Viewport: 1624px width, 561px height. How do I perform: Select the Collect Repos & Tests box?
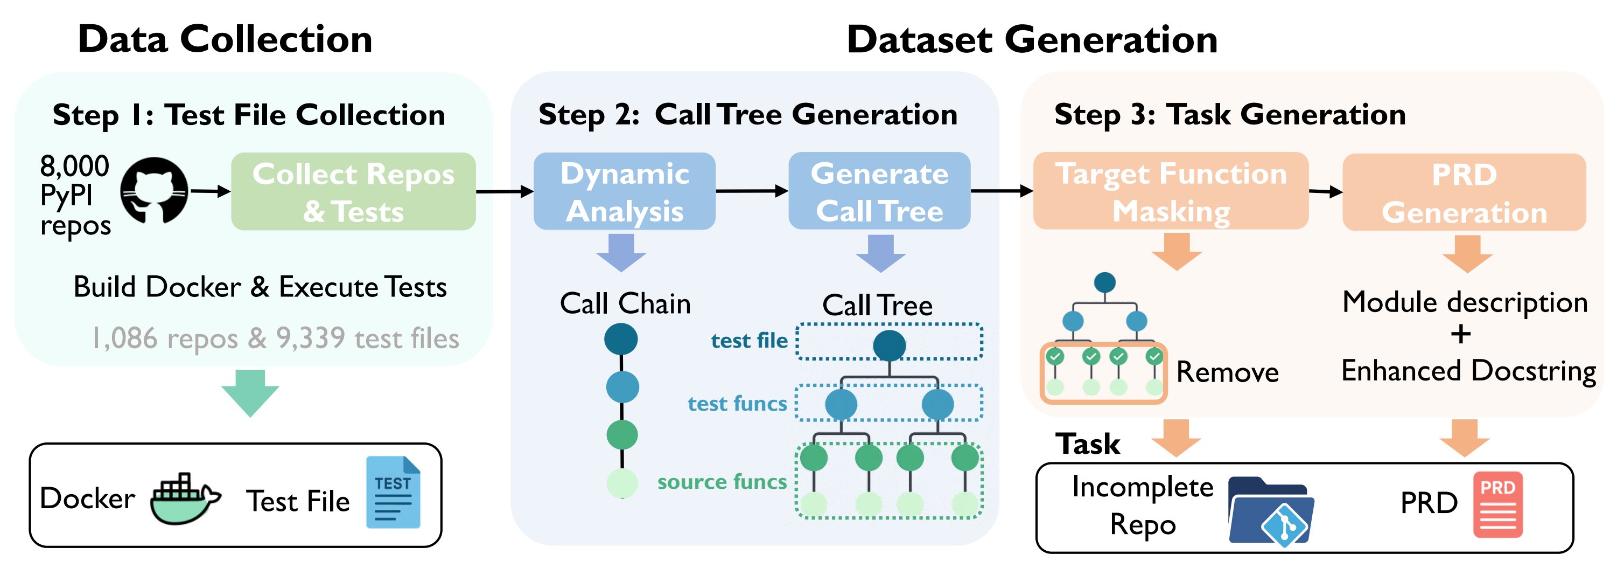[353, 191]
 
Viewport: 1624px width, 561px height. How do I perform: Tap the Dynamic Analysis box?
[624, 191]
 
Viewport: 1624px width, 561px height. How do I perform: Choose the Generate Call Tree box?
[879, 191]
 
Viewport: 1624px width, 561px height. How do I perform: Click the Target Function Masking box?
[1171, 191]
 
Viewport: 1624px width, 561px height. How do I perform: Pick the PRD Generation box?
[1464, 192]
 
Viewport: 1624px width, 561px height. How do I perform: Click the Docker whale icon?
[185, 498]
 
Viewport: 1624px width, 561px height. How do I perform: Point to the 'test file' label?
[749, 341]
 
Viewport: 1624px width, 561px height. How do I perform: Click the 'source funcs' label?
[722, 482]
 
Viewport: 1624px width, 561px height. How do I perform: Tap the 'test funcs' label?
[737, 403]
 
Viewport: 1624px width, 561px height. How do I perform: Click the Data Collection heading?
[225, 39]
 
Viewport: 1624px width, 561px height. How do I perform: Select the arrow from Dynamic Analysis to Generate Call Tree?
[752, 191]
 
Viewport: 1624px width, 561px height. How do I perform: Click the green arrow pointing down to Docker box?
[250, 392]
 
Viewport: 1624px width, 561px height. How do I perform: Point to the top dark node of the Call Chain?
[621, 340]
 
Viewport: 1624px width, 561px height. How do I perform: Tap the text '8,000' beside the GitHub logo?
[74, 166]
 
